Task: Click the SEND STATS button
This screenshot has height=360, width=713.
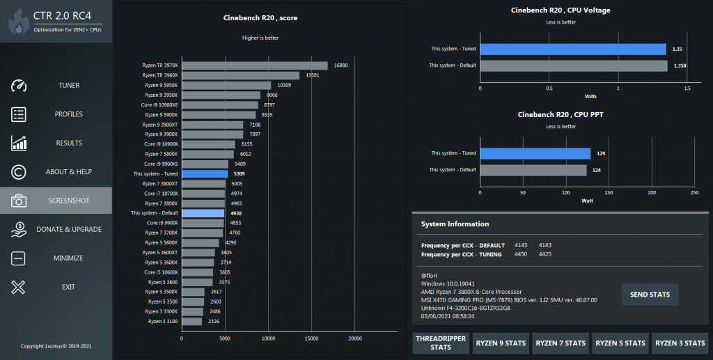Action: point(650,295)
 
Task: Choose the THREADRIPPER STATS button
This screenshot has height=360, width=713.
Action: point(441,343)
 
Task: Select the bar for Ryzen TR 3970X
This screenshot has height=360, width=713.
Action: point(255,65)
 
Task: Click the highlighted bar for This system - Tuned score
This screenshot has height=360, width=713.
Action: point(205,173)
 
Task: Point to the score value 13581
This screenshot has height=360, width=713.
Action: point(313,75)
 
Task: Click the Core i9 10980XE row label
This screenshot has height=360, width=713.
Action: point(161,104)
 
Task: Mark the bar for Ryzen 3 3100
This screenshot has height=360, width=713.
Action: point(192,321)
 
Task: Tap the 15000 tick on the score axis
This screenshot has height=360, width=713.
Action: point(312,338)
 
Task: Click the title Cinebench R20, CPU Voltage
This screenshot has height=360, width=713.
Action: point(561,10)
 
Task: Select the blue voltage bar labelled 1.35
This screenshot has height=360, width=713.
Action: point(574,49)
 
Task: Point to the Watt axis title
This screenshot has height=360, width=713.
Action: point(587,201)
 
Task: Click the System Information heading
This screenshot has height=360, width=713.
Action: point(455,224)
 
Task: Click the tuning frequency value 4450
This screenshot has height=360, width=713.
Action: point(520,254)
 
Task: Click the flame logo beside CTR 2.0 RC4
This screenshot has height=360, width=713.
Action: point(17,21)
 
